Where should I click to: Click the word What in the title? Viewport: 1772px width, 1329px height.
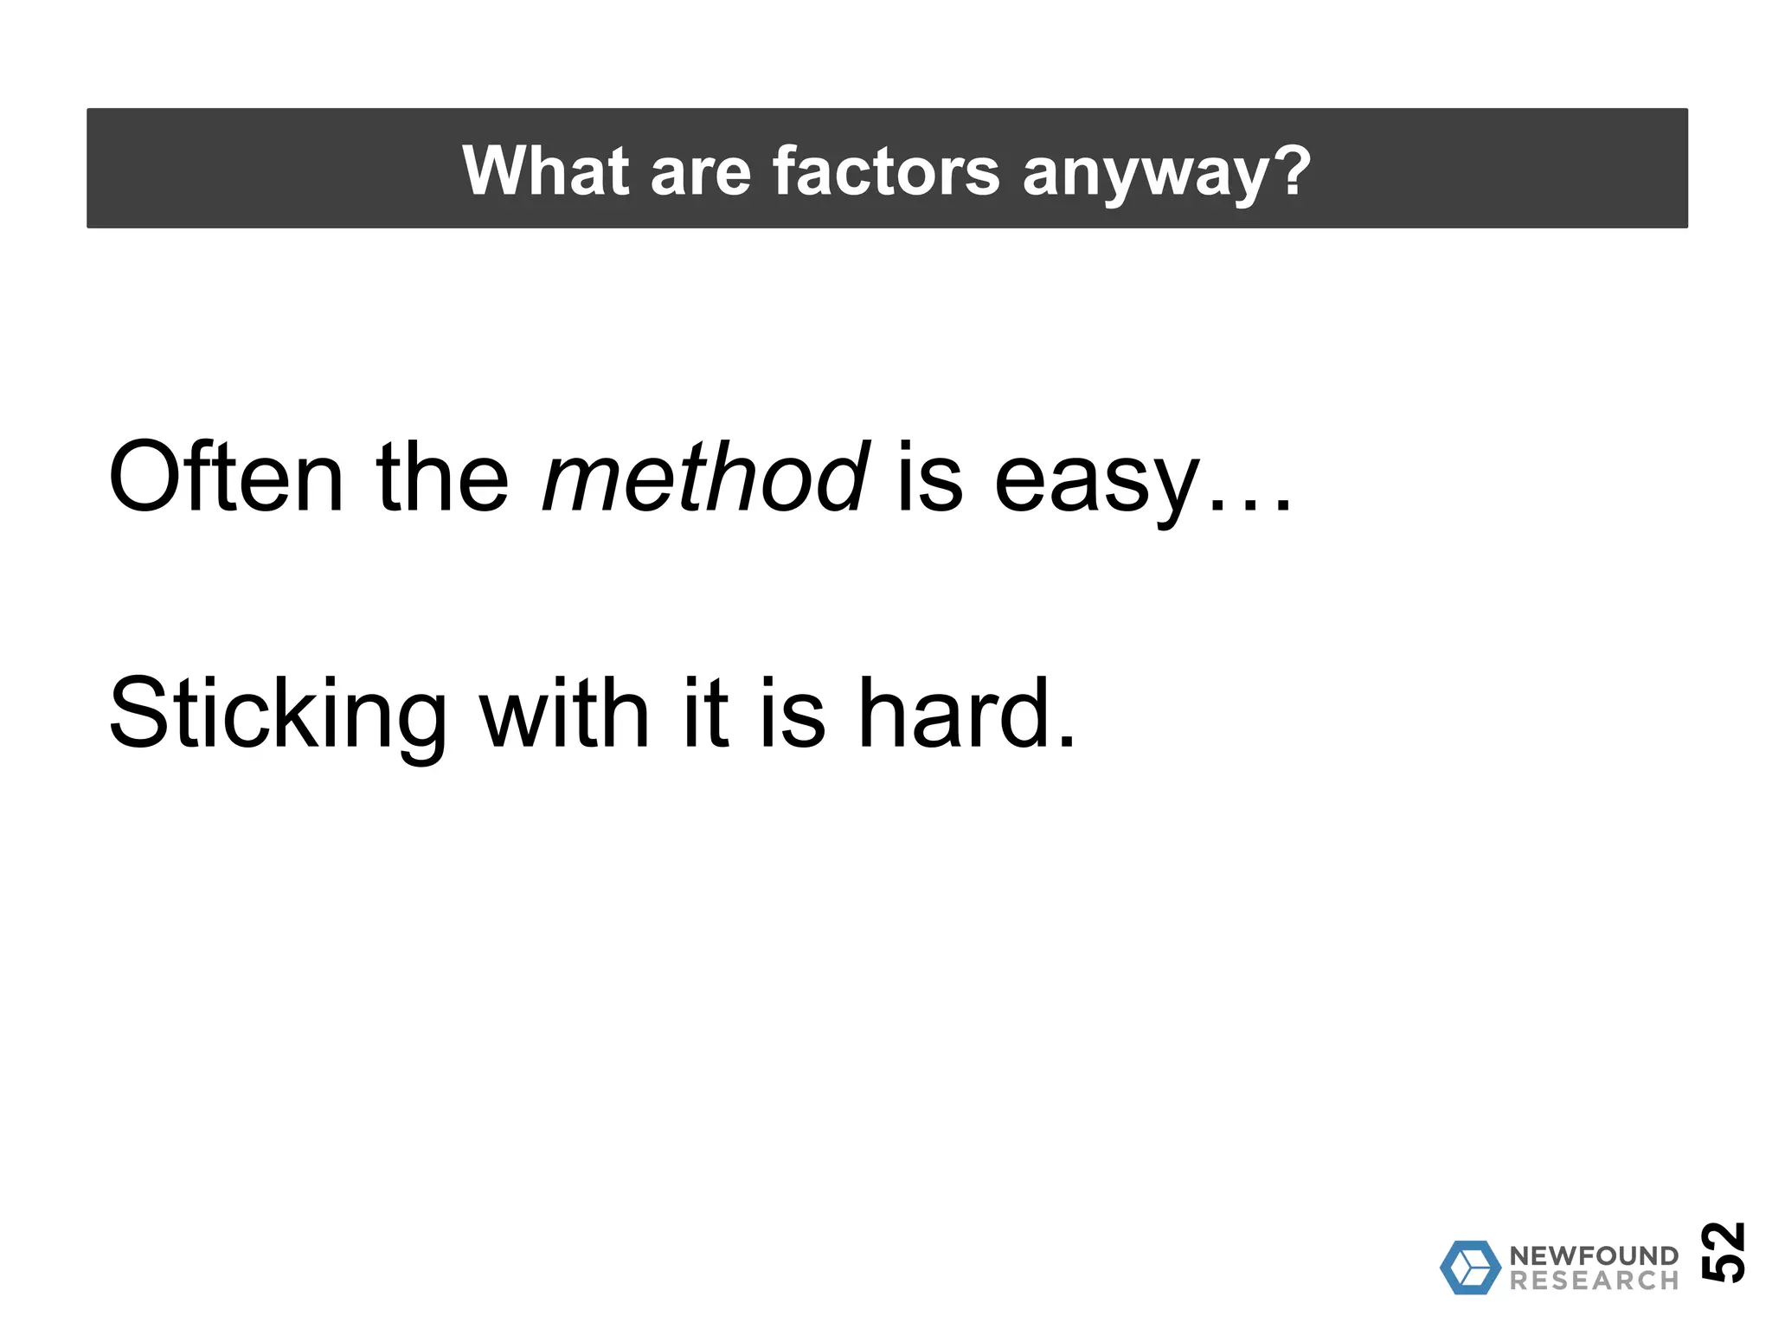tap(545, 170)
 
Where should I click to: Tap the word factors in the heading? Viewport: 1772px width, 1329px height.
tap(886, 170)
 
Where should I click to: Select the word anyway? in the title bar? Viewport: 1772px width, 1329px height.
tap(1166, 170)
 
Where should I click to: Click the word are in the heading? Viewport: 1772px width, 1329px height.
tap(700, 170)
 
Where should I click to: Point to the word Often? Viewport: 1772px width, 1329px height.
tap(226, 478)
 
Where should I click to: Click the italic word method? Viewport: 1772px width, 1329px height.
tap(704, 478)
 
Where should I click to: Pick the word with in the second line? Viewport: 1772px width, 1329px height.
tap(564, 714)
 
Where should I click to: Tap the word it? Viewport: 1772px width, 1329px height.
tap(705, 714)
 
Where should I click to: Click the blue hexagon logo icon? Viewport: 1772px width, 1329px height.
tap(1470, 1268)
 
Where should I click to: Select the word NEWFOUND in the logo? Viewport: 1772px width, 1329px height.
tap(1594, 1255)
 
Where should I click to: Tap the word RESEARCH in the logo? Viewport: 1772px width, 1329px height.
tap(1594, 1281)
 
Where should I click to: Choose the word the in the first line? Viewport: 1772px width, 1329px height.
tap(442, 478)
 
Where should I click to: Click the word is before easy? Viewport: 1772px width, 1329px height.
tap(929, 478)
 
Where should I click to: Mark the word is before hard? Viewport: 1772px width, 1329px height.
tap(792, 714)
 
